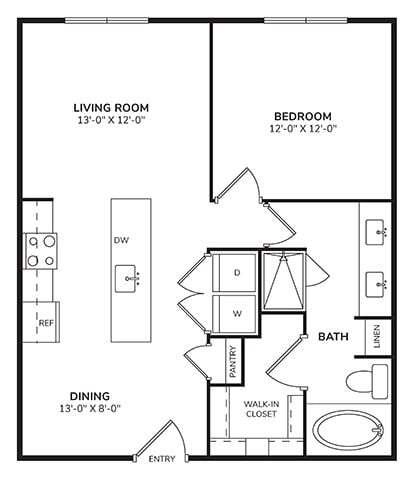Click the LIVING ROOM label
pos(111,105)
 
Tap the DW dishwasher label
pos(121,240)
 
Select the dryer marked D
pos(238,272)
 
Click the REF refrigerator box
pos(45,323)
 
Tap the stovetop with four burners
pos(41,251)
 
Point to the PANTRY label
pos(232,361)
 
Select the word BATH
pos(333,337)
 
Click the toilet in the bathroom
pos(365,380)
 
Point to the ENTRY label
pos(161,460)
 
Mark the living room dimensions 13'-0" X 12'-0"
pos(111,119)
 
